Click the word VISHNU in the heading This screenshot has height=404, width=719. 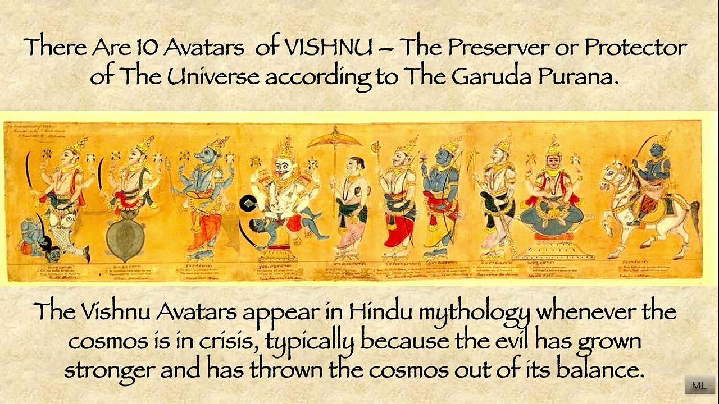click(x=328, y=47)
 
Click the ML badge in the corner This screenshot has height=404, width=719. click(x=699, y=385)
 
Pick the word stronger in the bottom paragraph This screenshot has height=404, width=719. click(x=110, y=369)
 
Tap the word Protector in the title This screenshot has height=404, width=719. click(x=635, y=47)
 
